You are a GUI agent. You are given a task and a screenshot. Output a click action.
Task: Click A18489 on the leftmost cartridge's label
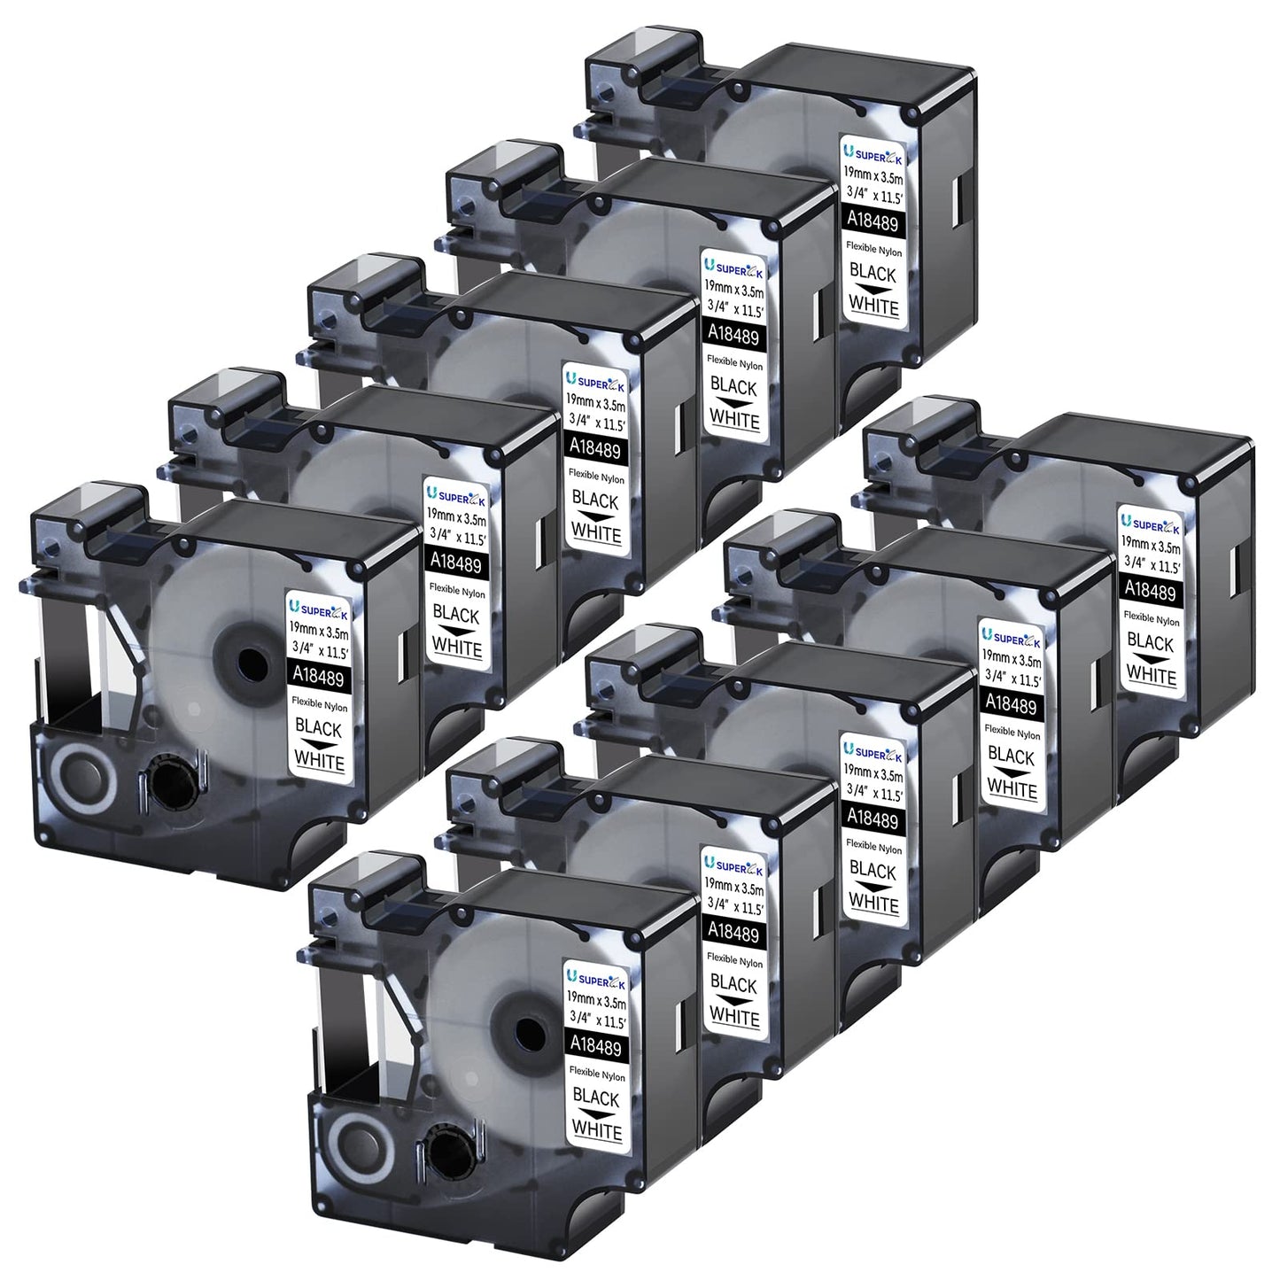(x=319, y=676)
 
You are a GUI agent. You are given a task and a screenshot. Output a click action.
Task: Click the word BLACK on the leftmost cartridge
(x=318, y=728)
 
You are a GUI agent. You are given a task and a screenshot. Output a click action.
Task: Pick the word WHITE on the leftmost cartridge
(x=320, y=759)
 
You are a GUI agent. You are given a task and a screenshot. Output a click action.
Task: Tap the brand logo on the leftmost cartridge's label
(x=317, y=609)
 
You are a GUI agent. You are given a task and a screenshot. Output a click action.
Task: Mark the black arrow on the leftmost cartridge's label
(x=318, y=745)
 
